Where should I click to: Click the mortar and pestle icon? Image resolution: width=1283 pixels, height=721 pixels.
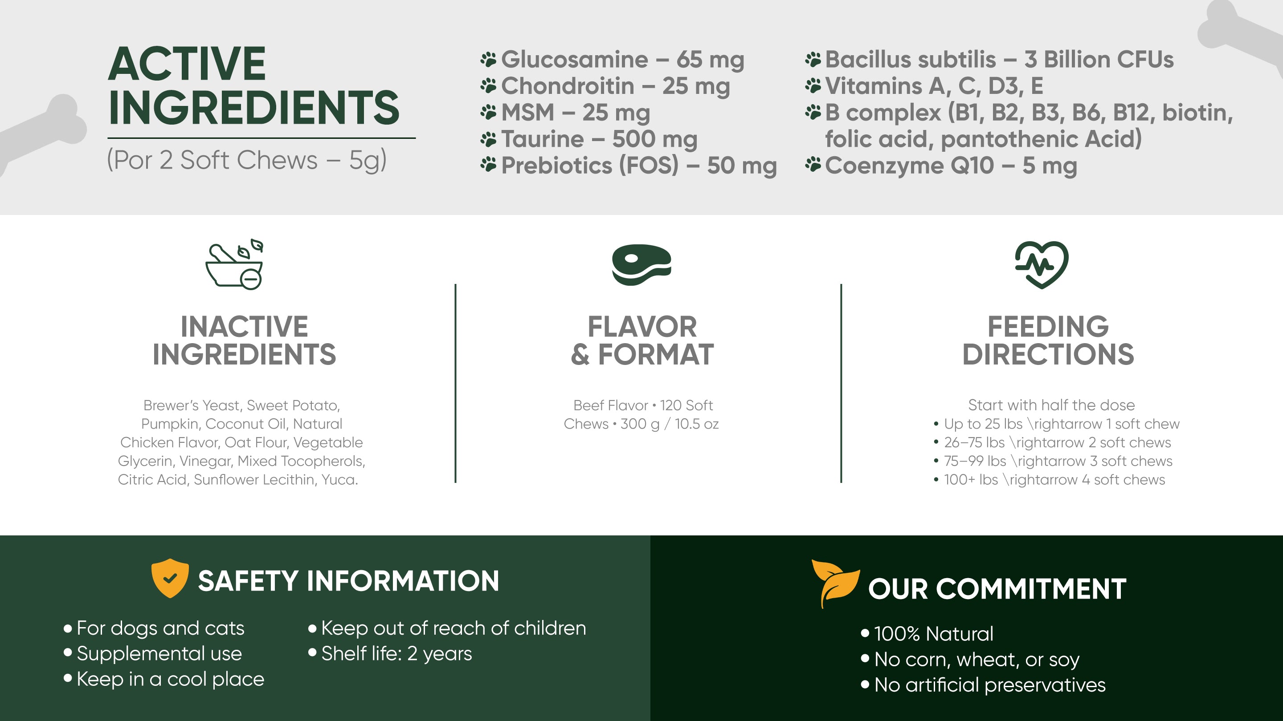234,264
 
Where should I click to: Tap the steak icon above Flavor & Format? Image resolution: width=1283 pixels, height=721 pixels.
641,264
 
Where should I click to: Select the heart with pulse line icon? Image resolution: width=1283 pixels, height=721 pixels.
1042,264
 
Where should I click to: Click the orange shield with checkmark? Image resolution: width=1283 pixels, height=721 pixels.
170,578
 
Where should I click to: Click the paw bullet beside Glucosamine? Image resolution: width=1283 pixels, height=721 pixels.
489,60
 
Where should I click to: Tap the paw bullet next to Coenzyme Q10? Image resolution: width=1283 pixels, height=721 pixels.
813,165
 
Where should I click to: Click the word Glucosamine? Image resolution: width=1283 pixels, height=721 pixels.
574,60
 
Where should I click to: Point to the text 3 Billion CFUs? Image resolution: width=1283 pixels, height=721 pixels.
1099,60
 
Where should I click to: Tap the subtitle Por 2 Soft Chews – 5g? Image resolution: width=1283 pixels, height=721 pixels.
246,160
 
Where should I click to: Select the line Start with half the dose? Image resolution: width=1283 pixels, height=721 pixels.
1051,405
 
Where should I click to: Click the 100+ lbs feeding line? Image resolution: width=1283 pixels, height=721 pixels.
1050,480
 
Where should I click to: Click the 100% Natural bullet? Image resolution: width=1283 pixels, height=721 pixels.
927,633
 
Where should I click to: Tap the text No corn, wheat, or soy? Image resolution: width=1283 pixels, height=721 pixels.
970,659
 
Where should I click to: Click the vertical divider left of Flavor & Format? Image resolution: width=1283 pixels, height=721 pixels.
455,383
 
